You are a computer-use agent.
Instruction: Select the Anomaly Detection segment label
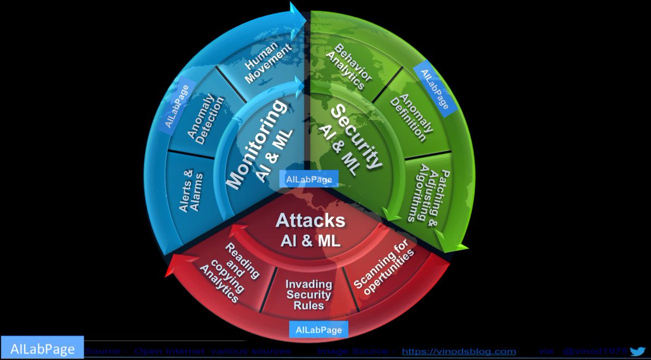coord(201,119)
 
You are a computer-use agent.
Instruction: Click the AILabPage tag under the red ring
coord(318,329)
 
